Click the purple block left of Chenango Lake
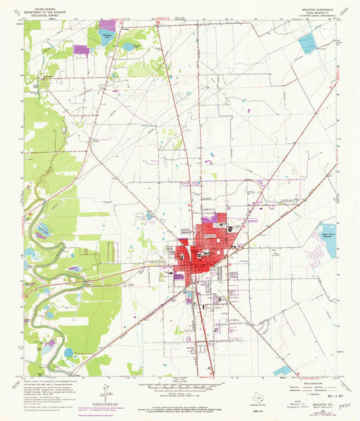pyautogui.click(x=82, y=49)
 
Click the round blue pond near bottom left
pyautogui.click(x=68, y=352)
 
